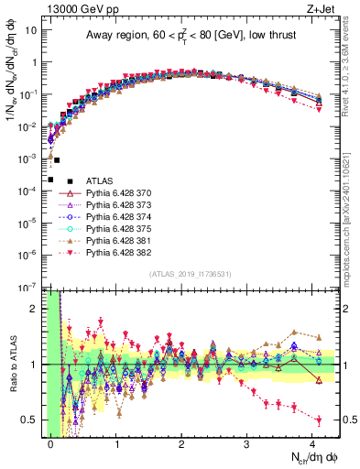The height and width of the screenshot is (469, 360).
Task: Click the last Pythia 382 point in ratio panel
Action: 319,420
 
